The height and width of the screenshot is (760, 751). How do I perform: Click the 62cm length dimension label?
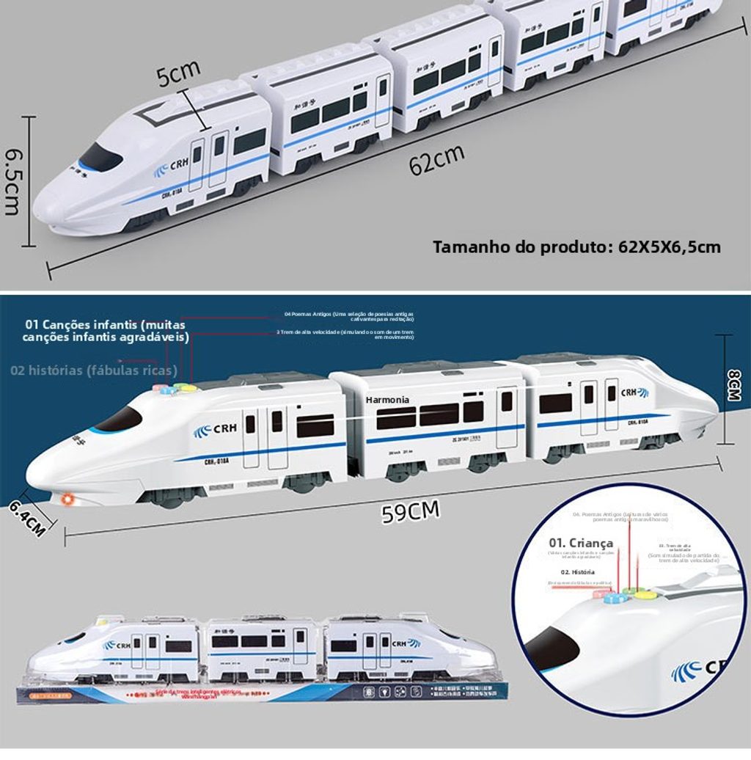pyautogui.click(x=436, y=160)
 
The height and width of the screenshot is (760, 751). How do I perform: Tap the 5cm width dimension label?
pyautogui.click(x=178, y=73)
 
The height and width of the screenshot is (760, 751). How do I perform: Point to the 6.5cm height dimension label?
pyautogui.click(x=12, y=182)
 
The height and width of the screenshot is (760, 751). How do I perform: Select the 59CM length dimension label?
pyautogui.click(x=410, y=512)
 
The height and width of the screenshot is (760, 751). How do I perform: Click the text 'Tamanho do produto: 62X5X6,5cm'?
pyautogui.click(x=576, y=246)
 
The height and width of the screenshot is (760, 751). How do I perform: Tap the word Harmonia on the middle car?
pyautogui.click(x=387, y=400)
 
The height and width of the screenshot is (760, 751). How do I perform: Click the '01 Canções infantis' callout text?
pyautogui.click(x=105, y=330)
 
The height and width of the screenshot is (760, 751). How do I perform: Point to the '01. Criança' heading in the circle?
pyautogui.click(x=581, y=543)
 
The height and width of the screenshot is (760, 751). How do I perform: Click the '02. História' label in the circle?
pyautogui.click(x=578, y=571)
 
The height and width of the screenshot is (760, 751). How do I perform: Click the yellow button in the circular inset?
pyautogui.click(x=645, y=594)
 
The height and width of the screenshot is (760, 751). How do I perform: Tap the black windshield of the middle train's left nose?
pyautogui.click(x=118, y=420)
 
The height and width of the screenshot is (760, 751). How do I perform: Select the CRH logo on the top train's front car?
pyautogui.click(x=172, y=168)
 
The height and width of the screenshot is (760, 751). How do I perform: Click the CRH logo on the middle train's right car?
pyautogui.click(x=634, y=392)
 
